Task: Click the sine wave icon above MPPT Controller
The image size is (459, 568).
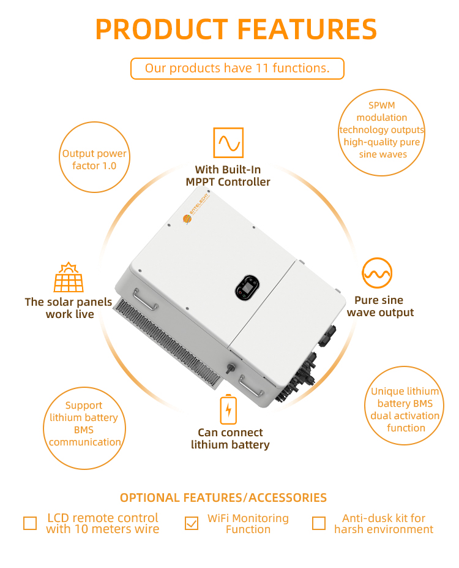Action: click(x=228, y=143)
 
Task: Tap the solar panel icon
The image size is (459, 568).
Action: click(x=69, y=277)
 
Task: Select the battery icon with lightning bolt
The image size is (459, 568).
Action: click(x=228, y=409)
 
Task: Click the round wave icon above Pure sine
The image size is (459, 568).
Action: click(x=377, y=273)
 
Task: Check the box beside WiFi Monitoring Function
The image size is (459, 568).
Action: click(x=192, y=523)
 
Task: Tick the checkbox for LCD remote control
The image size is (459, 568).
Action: click(x=30, y=523)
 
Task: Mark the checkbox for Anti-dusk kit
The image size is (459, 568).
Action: click(x=319, y=523)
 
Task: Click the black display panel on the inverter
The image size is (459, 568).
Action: click(x=247, y=287)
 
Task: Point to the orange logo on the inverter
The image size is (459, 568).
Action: click(x=187, y=219)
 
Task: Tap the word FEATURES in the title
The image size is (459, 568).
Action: click(x=307, y=29)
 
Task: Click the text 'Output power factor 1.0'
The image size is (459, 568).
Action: click(x=94, y=159)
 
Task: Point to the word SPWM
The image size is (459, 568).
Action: click(x=382, y=105)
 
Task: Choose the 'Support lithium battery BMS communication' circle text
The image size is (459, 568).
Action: click(x=84, y=423)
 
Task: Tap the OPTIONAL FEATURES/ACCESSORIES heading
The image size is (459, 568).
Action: click(x=223, y=498)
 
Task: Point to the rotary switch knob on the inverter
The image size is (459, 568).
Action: click(x=229, y=369)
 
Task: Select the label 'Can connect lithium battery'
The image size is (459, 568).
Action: click(x=230, y=438)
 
